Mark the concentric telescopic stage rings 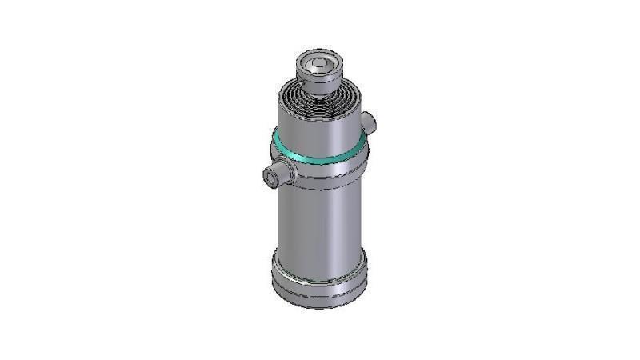(320, 100)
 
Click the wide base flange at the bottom (320, 276)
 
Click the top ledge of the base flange (320, 260)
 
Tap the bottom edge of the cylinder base (320, 305)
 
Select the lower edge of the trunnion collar (328, 187)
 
